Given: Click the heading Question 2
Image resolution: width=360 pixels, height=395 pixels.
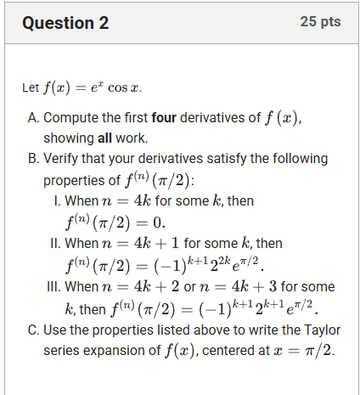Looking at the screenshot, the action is pyautogui.click(x=66, y=23).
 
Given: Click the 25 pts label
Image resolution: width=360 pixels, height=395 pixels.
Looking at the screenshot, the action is pyautogui.click(x=320, y=21).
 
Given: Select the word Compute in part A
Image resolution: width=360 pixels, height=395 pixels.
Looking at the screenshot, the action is pyautogui.click(x=72, y=118).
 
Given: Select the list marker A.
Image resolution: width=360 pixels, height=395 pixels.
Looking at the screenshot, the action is pyautogui.click(x=34, y=118).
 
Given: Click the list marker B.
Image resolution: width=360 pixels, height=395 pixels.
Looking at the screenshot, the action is pyautogui.click(x=34, y=159).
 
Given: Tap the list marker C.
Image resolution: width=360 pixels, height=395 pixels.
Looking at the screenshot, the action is pyautogui.click(x=34, y=329).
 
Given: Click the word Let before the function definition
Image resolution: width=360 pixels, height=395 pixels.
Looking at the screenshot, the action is pyautogui.click(x=31, y=87).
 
